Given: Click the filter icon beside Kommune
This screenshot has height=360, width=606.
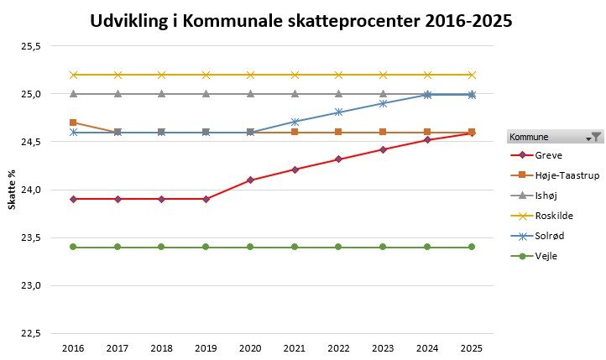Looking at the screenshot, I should (596, 136).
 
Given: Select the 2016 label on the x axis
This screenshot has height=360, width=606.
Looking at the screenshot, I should (73, 347).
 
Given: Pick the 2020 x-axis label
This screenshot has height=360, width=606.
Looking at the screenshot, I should (250, 347).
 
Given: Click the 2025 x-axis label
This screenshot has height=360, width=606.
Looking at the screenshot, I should (472, 347).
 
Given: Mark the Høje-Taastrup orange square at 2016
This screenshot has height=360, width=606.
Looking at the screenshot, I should (73, 123).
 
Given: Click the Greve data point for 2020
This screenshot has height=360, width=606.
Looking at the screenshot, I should (250, 180).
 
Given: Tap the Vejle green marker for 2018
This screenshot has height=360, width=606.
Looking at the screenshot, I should (162, 247).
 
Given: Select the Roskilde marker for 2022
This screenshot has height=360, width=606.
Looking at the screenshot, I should (339, 75).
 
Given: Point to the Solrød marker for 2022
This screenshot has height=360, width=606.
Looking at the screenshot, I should (339, 112).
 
